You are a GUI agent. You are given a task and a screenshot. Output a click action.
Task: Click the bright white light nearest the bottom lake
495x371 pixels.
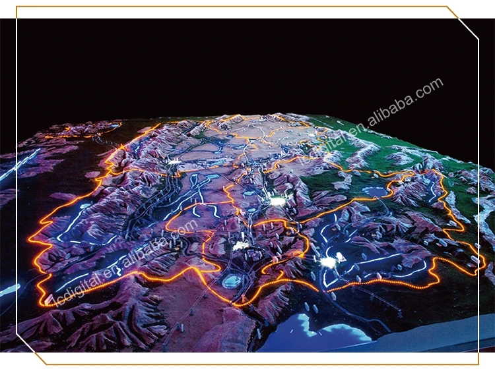328,262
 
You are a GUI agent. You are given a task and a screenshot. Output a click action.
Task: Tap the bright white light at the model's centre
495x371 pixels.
278,200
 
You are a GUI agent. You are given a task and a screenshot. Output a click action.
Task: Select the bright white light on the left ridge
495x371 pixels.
174,161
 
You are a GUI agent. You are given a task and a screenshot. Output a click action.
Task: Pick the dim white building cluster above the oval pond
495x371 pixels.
240,245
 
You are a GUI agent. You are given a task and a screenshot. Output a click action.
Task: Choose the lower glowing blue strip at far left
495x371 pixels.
9,289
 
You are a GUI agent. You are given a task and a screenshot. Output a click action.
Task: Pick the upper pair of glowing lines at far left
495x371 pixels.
16,165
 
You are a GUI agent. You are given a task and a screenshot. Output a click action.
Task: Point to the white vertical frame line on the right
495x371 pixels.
478,198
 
